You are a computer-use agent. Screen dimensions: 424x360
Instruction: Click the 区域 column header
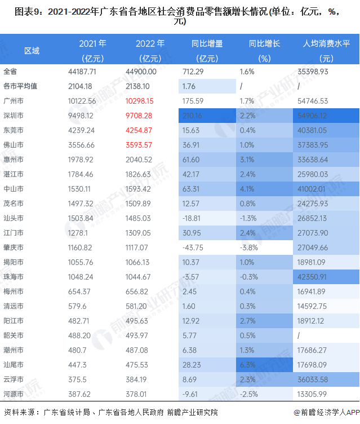tap(32, 50)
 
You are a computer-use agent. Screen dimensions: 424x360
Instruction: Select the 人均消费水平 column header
tap(326, 43)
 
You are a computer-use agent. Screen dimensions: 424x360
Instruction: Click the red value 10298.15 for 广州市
tap(149, 101)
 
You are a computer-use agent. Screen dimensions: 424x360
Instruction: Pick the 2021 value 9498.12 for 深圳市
tap(82, 116)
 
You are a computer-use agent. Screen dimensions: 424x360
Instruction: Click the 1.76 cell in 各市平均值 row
tap(189, 86)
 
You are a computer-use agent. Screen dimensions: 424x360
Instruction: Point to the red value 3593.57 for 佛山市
tap(149, 145)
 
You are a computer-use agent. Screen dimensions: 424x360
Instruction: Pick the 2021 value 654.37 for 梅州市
tap(79, 291)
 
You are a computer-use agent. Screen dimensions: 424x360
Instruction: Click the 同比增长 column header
tap(264, 43)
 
